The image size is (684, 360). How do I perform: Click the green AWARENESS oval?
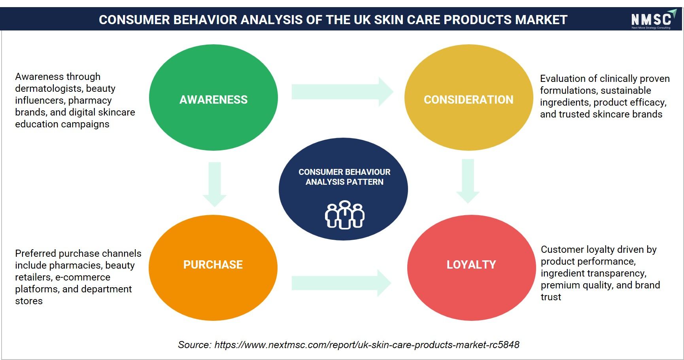tap(214, 97)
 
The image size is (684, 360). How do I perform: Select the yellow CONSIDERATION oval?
tap(469, 97)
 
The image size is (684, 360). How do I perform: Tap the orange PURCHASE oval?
tap(213, 267)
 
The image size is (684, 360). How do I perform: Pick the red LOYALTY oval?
tap(471, 267)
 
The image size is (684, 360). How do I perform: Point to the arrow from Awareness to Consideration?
tap(342, 92)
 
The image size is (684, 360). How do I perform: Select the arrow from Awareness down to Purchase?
tap(214, 184)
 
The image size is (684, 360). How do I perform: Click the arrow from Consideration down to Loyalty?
tap(468, 181)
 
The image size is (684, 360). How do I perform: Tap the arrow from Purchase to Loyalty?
tap(342, 283)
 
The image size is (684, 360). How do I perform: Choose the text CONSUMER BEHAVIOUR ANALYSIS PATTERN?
tap(344, 177)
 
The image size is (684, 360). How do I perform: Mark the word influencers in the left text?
tap(39, 100)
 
